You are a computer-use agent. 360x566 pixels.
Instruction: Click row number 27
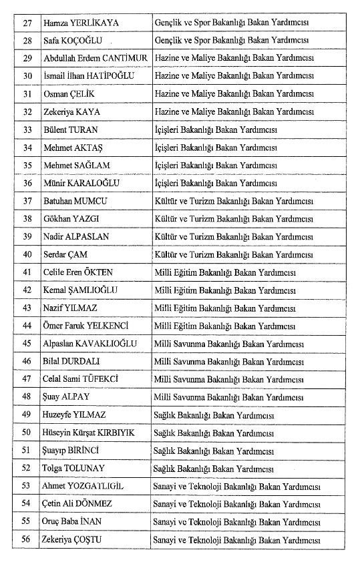pyautogui.click(x=27, y=23)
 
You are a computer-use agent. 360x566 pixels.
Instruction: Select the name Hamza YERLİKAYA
pyautogui.click(x=81, y=23)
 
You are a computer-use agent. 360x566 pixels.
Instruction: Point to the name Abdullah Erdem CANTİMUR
pyautogui.click(x=95, y=59)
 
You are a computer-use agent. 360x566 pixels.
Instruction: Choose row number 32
pyautogui.click(x=27, y=111)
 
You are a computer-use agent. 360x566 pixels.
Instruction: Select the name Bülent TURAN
pyautogui.click(x=71, y=129)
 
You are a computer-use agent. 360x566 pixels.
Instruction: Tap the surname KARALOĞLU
pyautogui.click(x=99, y=183)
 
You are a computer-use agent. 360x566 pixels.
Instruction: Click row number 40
pyautogui.click(x=27, y=254)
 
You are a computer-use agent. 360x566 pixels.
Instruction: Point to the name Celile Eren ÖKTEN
pyautogui.click(x=78, y=272)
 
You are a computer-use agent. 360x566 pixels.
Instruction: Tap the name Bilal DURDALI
pyautogui.click(x=71, y=361)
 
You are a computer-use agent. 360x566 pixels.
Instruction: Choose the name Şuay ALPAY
pyautogui.click(x=67, y=396)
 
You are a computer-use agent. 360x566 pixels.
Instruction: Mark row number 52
pyautogui.click(x=27, y=468)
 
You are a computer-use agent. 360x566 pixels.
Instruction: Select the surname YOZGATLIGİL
pyautogui.click(x=100, y=486)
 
